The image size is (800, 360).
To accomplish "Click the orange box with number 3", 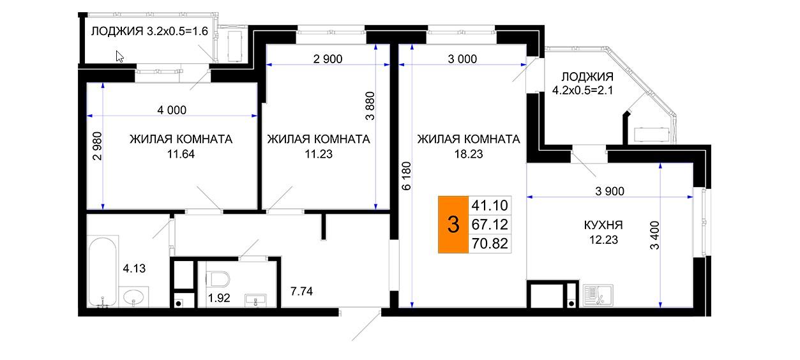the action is click(453, 225).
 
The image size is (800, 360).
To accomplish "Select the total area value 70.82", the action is click(490, 244).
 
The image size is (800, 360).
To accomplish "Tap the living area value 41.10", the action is click(490, 206).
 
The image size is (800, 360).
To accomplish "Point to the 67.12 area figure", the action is click(490, 225).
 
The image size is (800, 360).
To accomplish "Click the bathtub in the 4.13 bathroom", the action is click(103, 272).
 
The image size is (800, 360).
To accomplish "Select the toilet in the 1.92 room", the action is click(218, 278).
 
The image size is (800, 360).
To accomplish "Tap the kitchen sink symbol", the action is click(598, 296).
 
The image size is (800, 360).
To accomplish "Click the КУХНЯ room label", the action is click(603, 225).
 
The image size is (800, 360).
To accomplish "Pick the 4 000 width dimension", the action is click(172, 110).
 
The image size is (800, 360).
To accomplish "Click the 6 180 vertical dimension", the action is click(407, 176).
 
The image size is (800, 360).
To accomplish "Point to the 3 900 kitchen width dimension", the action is click(610, 191).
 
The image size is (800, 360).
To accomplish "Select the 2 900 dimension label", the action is click(328, 59).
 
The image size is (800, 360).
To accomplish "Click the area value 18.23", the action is click(469, 154).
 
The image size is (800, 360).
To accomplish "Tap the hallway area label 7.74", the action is click(301, 292).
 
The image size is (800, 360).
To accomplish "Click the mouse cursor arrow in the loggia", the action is click(119, 56).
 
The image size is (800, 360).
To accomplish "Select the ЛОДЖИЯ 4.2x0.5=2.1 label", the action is click(587, 83).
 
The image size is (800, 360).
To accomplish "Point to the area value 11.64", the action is click(181, 154).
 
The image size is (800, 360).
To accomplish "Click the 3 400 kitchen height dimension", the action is click(654, 235).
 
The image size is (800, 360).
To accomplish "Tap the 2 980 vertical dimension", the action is click(97, 146).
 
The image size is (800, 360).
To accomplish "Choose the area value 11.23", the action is click(319, 154).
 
